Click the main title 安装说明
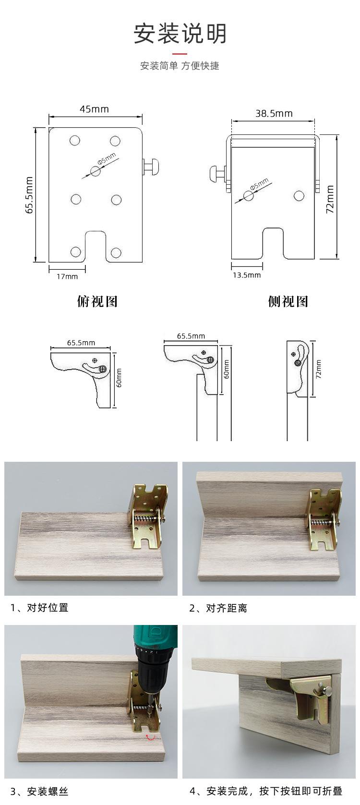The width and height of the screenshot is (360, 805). pos(180,34)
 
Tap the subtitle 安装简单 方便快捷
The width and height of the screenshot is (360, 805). pos(180,66)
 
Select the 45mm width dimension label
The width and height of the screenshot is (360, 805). pos(94,109)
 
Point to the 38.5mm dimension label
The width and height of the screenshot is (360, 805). pos(274,114)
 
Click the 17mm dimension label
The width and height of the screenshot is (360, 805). pos(67,276)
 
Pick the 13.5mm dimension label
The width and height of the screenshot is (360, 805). pos(247,275)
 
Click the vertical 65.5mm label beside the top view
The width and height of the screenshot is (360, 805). pos(29,194)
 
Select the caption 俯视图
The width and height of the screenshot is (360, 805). pos(97,301)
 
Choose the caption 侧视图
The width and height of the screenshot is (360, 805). pos(288,301)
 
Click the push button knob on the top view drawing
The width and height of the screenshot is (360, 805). pos(153,166)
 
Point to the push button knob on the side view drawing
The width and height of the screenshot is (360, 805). pos(216,174)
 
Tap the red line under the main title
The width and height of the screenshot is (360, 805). pos(180,54)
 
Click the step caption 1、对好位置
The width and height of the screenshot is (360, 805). pos(40,607)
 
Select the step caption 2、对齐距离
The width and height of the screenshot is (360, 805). pos(218,608)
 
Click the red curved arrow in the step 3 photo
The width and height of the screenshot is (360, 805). pos(151,737)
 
